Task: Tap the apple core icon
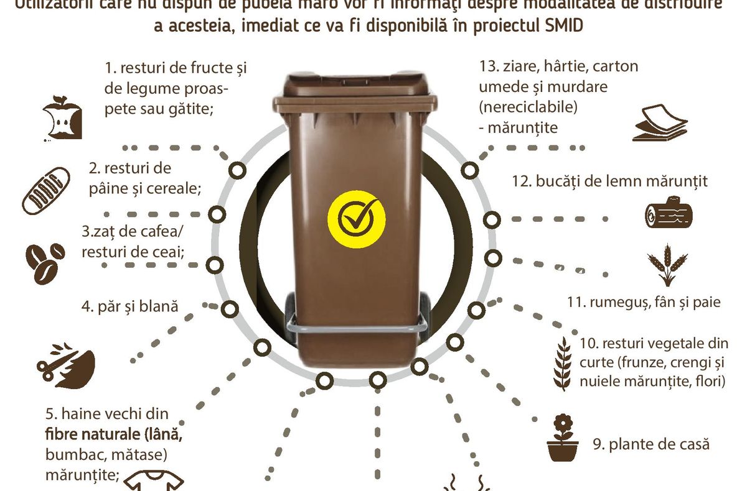(62, 118)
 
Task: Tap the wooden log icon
(668, 213)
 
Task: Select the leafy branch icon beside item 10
(563, 363)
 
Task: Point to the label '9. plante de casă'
(650, 444)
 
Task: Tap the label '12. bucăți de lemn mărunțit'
(609, 181)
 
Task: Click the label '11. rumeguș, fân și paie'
(644, 302)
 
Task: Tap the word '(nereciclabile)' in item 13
(528, 107)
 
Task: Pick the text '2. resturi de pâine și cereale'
(144, 178)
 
